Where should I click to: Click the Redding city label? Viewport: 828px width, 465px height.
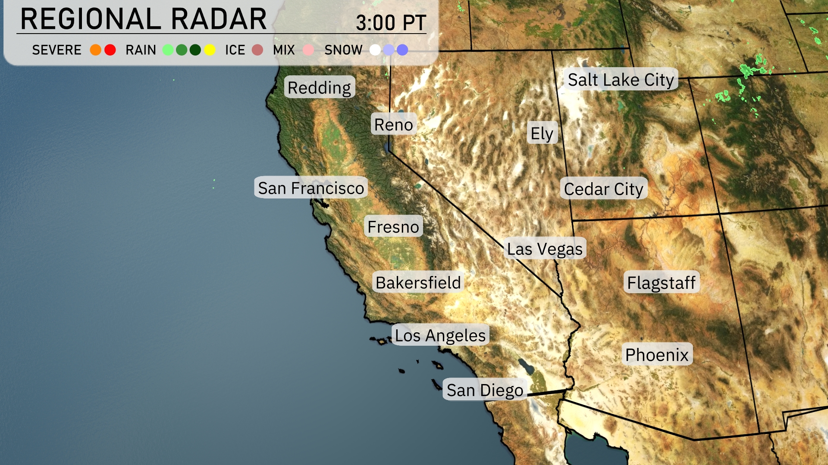pos(320,87)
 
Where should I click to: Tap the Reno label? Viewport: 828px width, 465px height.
pos(393,124)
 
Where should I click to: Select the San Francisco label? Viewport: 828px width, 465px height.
pos(311,188)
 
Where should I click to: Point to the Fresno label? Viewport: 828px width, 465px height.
pos(393,226)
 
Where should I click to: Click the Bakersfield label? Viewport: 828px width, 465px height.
pos(418,282)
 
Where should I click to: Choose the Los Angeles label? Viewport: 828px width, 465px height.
pos(440,335)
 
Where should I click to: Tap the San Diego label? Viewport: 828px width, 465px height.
pos(485,390)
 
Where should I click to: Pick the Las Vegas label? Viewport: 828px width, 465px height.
pos(545,248)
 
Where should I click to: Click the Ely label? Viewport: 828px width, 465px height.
pos(542,133)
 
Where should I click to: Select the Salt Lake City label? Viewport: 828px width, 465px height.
pos(621,80)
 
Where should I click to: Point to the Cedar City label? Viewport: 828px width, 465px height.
pos(603,189)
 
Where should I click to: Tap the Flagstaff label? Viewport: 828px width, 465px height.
pos(661,282)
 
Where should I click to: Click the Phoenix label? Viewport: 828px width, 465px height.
pos(657,354)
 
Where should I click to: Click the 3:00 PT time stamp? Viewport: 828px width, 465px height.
pos(391,22)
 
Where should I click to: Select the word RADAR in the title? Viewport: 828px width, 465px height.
pos(219,19)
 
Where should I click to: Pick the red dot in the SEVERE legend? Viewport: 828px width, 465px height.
pos(110,50)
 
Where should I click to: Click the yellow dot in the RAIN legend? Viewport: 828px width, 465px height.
pos(210,50)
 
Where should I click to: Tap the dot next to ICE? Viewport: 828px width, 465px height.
pos(257,50)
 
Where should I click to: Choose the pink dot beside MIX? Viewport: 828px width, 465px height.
pos(308,50)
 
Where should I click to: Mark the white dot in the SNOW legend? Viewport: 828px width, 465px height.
pos(375,50)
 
